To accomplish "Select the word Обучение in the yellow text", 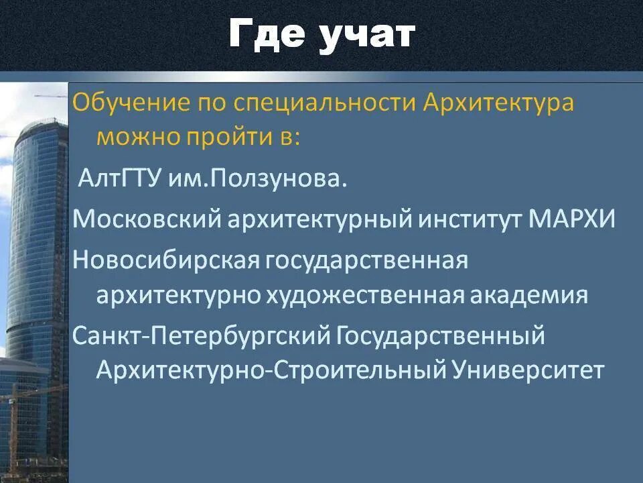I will coord(129,105).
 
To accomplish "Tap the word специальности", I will coord(325,105).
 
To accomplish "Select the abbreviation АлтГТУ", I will coord(118,180).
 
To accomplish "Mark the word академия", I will coord(533,296).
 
